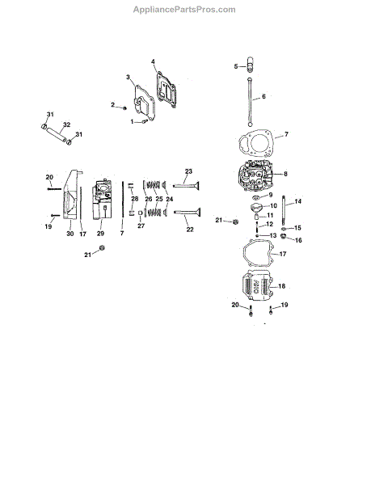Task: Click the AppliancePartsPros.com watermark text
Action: tap(184, 10)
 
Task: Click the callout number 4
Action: tap(153, 62)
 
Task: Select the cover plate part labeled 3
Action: tap(144, 103)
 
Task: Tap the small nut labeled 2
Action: tap(125, 108)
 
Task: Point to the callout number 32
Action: tap(67, 124)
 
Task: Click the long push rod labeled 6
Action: tap(249, 102)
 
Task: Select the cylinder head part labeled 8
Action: tap(255, 176)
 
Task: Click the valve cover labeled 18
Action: tap(257, 285)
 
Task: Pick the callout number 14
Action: tap(297, 201)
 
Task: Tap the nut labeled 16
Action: tap(283, 237)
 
